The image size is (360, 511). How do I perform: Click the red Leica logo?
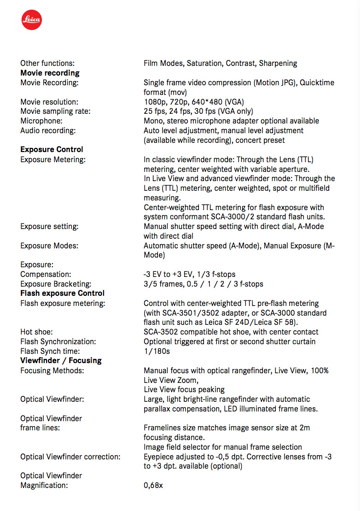click(32, 20)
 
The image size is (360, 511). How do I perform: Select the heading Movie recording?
click(50, 73)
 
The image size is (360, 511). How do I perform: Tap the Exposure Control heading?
click(52, 149)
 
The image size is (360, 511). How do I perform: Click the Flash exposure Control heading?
click(62, 293)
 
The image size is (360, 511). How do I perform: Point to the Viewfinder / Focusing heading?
click(61, 360)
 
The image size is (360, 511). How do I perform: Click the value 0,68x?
click(153, 485)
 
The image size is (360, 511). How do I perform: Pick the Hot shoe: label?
click(36, 332)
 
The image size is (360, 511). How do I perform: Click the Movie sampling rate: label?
click(55, 111)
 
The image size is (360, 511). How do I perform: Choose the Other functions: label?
click(47, 63)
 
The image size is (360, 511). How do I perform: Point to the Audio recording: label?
click(48, 130)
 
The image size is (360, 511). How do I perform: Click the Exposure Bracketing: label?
click(56, 284)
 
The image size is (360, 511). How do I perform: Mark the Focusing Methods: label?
click(52, 370)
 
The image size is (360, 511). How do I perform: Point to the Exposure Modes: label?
click(49, 246)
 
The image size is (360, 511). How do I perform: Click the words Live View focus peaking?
click(184, 389)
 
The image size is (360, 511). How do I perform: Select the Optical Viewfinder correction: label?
click(70, 457)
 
